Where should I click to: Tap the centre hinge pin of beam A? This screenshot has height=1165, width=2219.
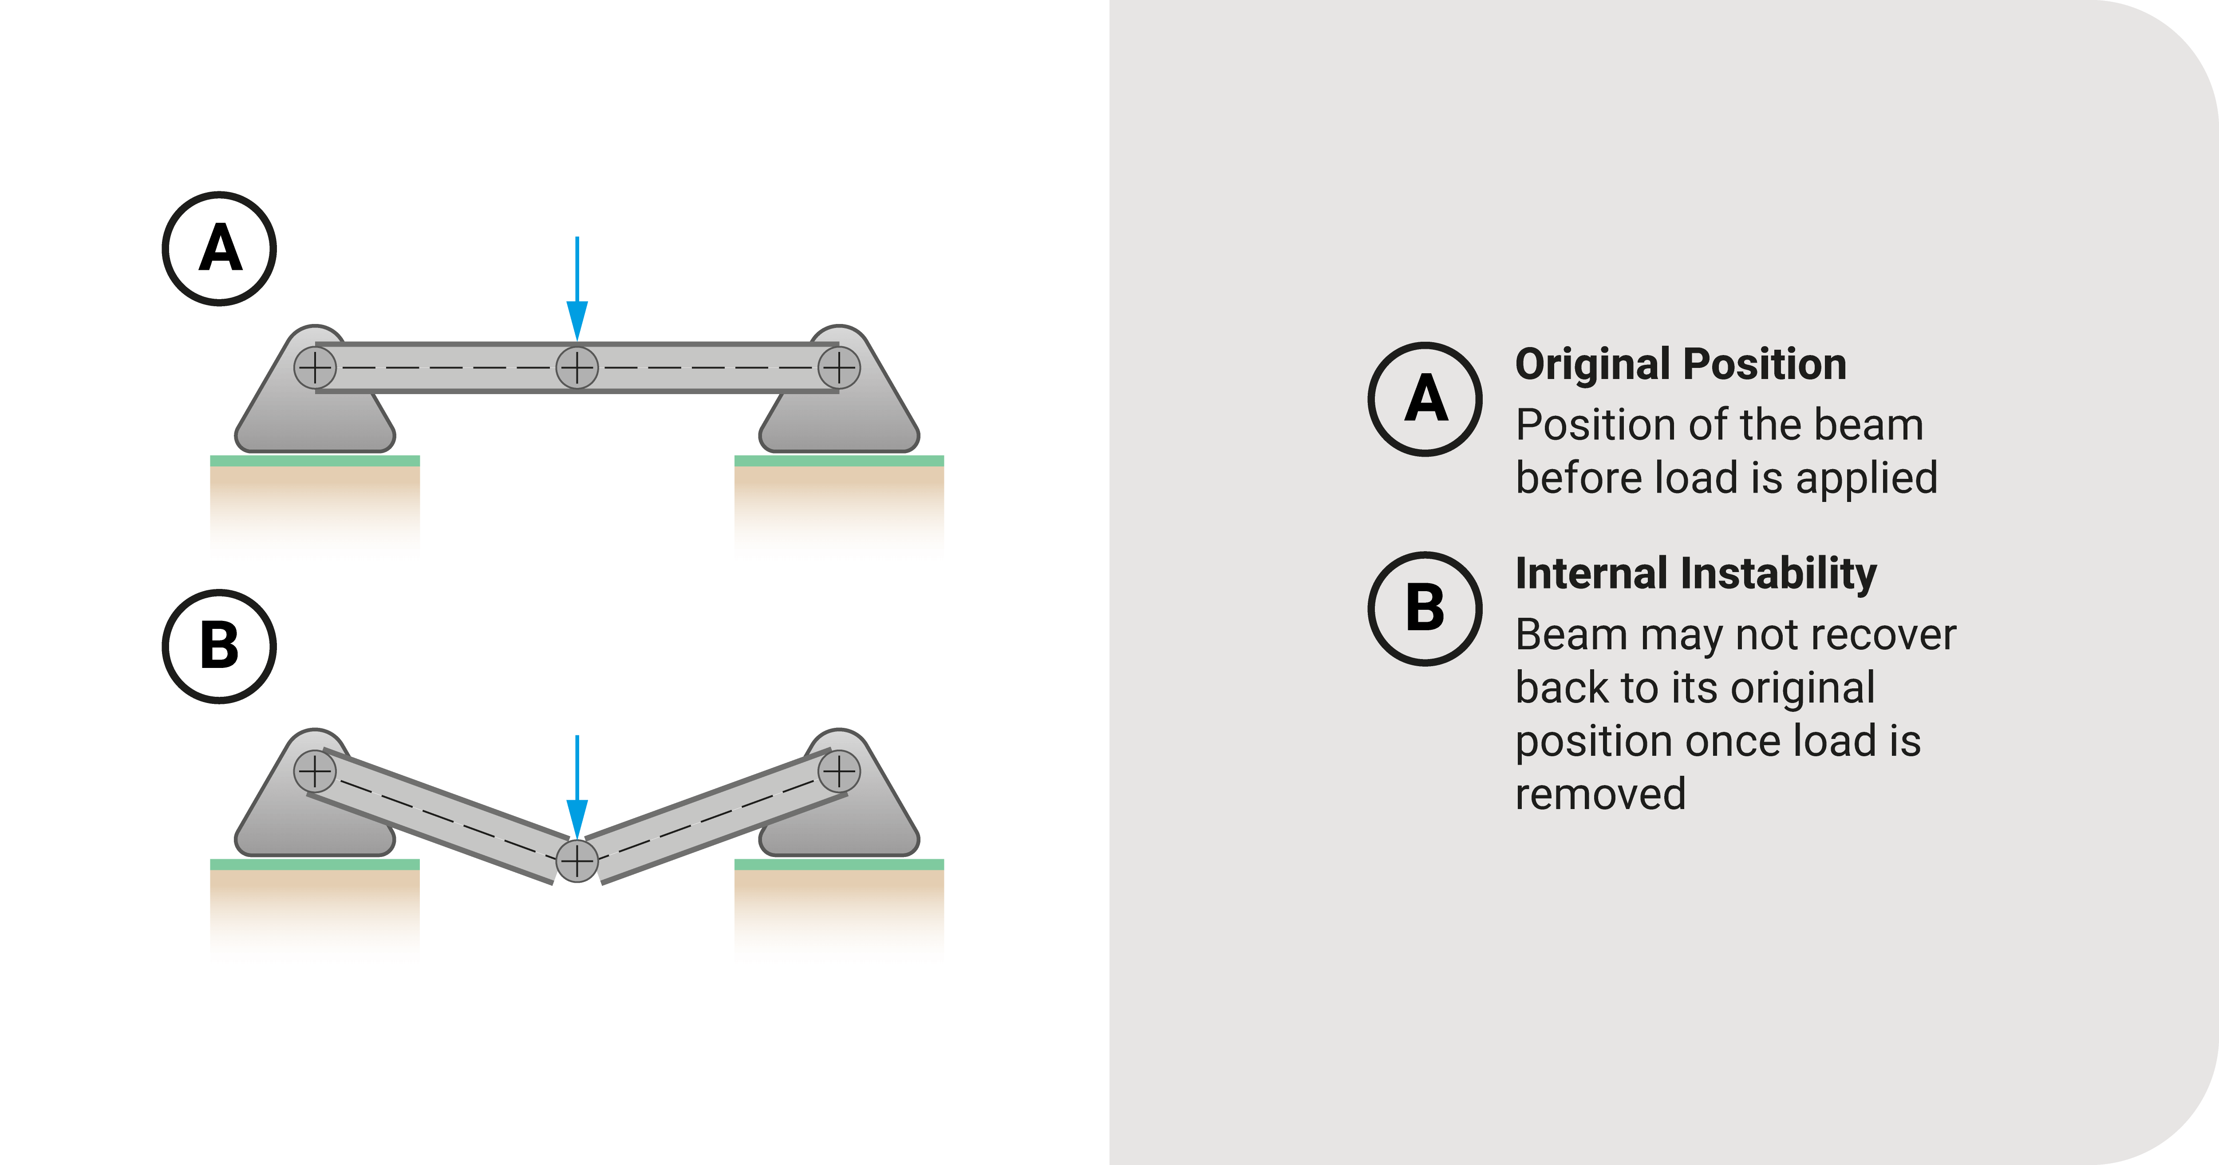point(577,368)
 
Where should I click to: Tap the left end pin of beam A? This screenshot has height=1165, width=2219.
point(315,368)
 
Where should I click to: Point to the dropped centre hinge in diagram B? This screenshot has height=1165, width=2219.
point(577,860)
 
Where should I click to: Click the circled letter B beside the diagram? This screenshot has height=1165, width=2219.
point(220,646)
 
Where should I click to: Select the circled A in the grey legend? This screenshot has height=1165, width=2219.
point(1425,399)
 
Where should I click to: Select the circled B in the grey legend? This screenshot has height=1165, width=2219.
point(1425,608)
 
